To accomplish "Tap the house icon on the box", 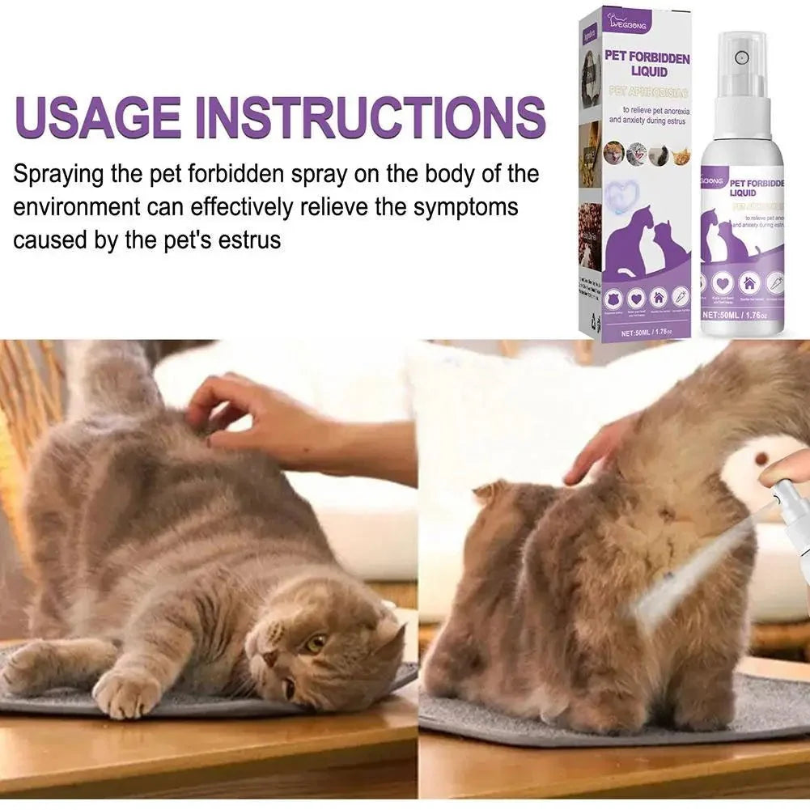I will point(658,295).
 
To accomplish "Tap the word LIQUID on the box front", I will point(648,73).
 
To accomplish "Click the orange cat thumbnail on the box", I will point(681,151).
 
